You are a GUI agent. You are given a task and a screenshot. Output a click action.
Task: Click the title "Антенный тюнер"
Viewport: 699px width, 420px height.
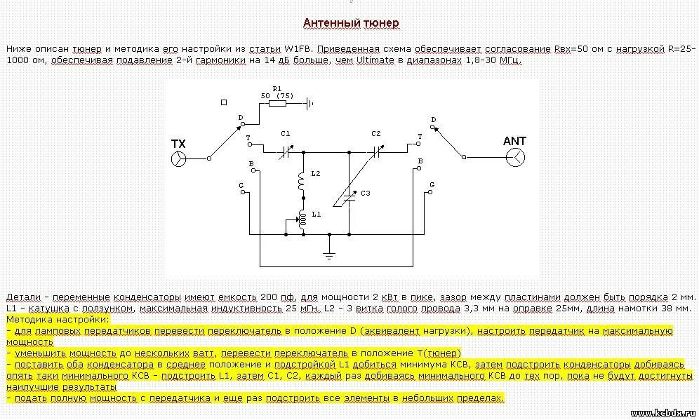[x=351, y=23]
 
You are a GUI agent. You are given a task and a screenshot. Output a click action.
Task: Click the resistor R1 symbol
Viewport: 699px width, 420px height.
[x=277, y=103]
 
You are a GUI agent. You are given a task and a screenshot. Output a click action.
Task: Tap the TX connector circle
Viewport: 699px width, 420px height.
[x=180, y=158]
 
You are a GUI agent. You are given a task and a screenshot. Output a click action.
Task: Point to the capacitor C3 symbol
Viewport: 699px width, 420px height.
[x=349, y=199]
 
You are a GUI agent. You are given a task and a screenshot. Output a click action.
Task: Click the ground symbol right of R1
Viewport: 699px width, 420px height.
[x=308, y=103]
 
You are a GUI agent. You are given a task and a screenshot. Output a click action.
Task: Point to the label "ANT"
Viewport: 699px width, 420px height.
[x=514, y=141]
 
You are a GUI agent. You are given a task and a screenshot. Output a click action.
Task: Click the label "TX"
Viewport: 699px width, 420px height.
[x=179, y=144]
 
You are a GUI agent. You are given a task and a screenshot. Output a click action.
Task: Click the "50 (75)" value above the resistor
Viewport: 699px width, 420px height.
[x=277, y=95]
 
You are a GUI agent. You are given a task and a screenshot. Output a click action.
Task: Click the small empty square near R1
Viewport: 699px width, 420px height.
[x=224, y=102]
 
